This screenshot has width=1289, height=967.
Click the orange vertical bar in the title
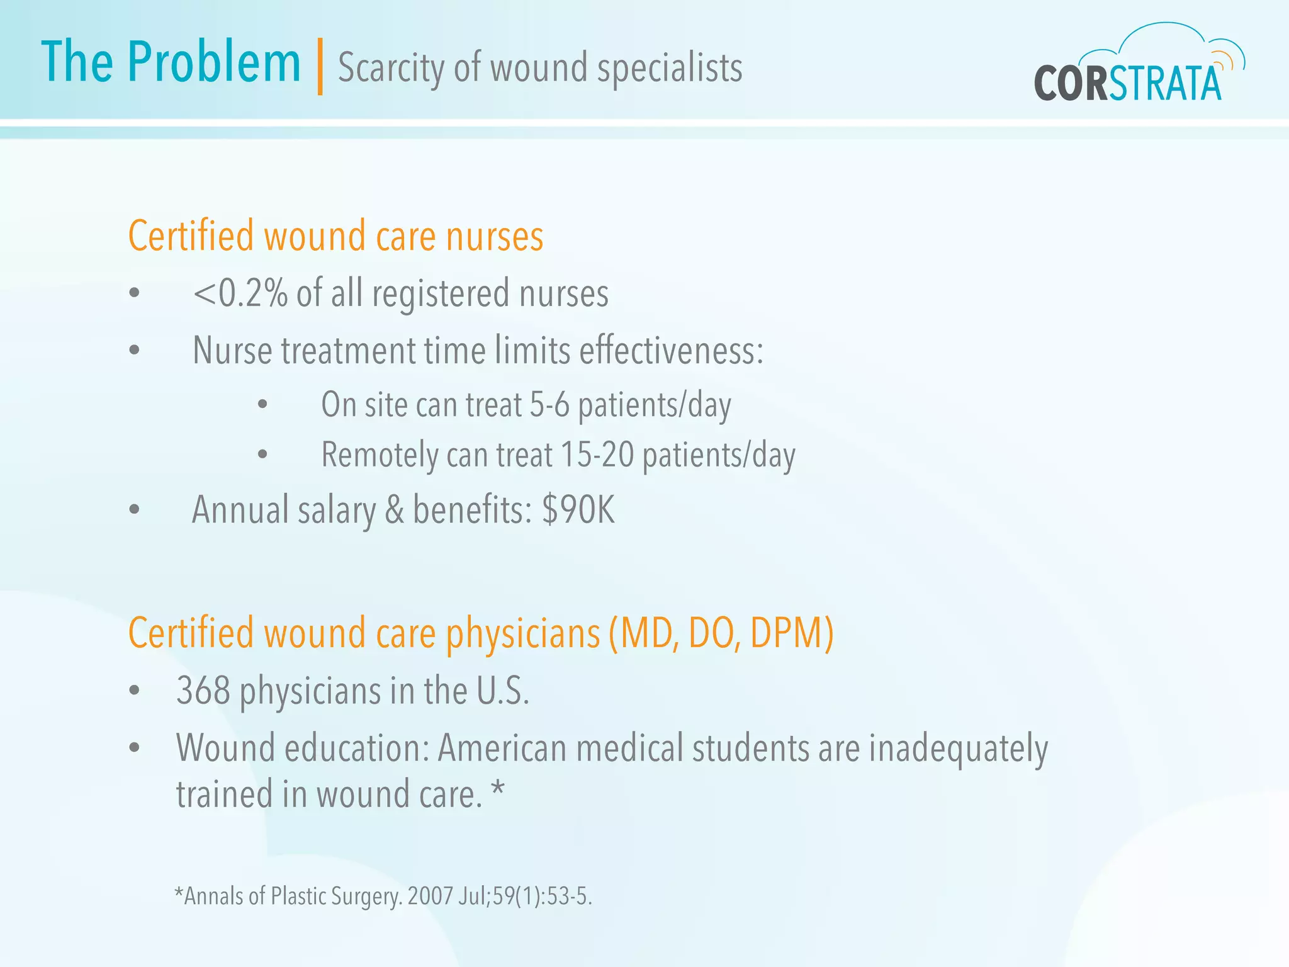[320, 66]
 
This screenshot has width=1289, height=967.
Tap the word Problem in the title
[214, 63]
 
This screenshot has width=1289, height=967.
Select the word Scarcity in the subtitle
[391, 68]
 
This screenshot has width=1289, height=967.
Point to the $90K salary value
[578, 510]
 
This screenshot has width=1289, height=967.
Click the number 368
[203, 691]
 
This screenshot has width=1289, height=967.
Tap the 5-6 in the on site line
[549, 405]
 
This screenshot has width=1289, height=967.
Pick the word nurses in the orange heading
[495, 237]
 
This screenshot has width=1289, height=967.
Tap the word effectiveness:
[671, 351]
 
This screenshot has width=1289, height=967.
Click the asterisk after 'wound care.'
[498, 789]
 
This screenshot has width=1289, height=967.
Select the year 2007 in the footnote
[430, 896]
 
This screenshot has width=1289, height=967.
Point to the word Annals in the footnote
[213, 896]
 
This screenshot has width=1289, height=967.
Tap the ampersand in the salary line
[394, 510]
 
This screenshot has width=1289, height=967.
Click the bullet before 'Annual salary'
[134, 509]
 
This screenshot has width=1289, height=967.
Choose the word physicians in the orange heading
[523, 634]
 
